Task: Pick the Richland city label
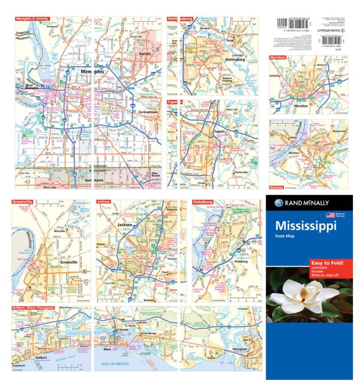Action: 148,300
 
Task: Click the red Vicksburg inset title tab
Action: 202,202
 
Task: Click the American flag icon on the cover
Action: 330,215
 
